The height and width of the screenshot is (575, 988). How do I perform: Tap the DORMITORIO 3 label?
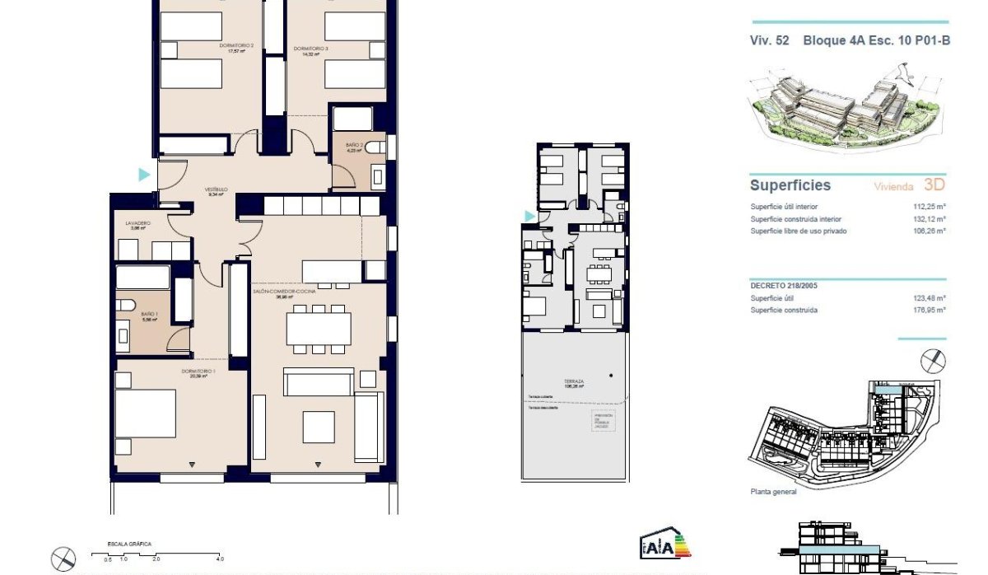pyautogui.click(x=310, y=49)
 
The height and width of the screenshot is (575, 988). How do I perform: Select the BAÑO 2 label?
pyautogui.click(x=355, y=146)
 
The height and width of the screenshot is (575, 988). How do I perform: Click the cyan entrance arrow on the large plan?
pyautogui.click(x=145, y=175)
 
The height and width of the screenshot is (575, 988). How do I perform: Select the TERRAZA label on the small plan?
pyautogui.click(x=574, y=382)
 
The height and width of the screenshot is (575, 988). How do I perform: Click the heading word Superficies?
pyautogui.click(x=790, y=186)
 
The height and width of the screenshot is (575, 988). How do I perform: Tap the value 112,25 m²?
pyautogui.click(x=930, y=207)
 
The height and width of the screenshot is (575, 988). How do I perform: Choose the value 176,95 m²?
pyautogui.click(x=930, y=311)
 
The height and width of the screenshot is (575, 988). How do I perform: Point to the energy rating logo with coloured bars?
pyautogui.click(x=664, y=545)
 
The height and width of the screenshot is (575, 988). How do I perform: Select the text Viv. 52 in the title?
pyautogui.click(x=769, y=40)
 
